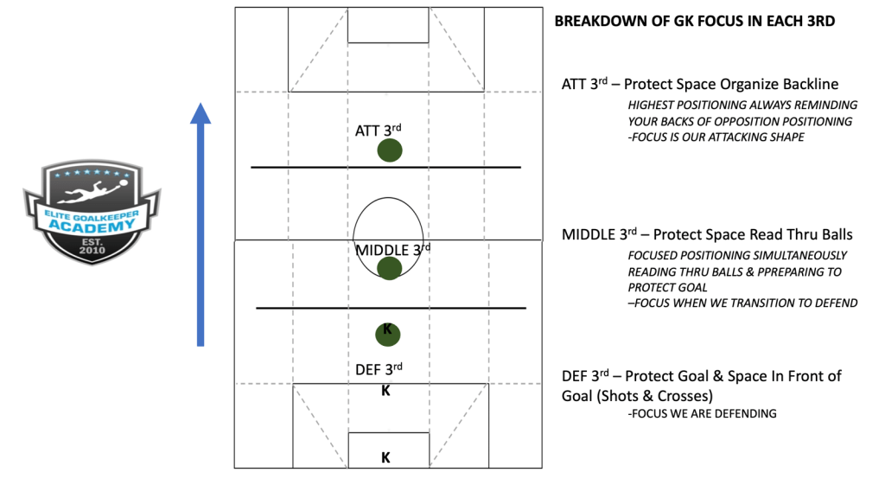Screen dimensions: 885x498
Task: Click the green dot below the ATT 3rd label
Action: (x=390, y=150)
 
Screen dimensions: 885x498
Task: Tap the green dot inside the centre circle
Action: (x=390, y=268)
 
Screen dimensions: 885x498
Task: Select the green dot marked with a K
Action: (x=388, y=335)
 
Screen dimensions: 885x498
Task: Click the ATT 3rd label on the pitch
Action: (x=379, y=131)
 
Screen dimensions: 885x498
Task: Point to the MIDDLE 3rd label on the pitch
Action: (x=393, y=250)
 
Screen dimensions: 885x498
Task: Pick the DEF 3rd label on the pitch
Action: (x=379, y=369)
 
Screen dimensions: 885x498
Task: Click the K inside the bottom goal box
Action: (x=385, y=457)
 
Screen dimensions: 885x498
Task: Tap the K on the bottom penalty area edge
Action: (x=385, y=390)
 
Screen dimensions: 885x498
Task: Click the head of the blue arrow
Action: (x=201, y=113)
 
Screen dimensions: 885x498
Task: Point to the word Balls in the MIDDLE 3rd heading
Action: (x=836, y=235)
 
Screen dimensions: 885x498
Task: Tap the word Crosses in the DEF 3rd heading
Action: (x=683, y=396)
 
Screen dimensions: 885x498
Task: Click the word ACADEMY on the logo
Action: (x=92, y=227)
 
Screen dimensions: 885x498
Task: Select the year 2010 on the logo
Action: (x=92, y=250)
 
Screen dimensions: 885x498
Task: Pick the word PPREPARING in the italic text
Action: (x=792, y=272)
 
